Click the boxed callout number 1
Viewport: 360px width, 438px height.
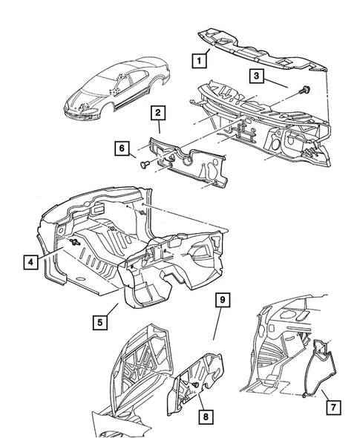point(199,60)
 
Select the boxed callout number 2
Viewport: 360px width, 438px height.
point(158,113)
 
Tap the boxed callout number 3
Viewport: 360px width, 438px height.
point(256,76)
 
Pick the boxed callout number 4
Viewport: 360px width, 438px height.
point(30,262)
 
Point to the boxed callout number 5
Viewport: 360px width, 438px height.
point(100,322)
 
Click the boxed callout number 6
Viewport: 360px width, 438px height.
point(122,148)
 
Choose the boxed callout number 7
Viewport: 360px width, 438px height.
point(333,408)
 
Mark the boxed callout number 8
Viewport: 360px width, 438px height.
point(206,417)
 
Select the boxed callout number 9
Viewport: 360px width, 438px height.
point(223,300)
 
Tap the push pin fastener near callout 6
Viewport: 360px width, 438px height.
point(145,165)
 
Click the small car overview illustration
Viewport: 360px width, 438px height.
point(117,90)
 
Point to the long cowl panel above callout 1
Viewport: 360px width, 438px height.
point(263,51)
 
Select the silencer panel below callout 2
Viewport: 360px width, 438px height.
point(188,162)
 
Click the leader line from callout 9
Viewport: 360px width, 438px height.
point(217,323)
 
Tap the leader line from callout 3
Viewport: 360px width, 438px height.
point(276,84)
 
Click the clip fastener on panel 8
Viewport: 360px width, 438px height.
point(195,385)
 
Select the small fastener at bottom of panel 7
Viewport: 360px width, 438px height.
point(304,395)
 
